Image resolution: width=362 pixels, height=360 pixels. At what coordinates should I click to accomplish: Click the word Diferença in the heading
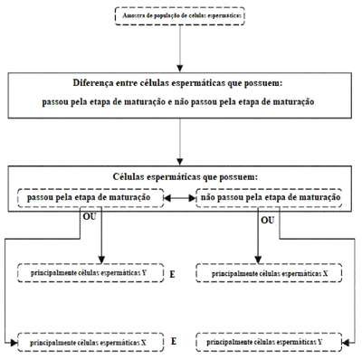coord(90,82)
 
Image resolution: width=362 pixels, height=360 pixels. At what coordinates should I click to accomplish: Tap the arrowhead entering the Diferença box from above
coord(180,68)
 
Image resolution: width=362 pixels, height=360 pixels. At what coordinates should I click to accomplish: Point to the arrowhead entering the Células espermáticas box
coord(180,162)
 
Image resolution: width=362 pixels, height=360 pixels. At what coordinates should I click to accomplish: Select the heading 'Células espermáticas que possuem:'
coord(186,176)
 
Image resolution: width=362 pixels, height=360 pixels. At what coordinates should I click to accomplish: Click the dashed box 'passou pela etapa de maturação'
coord(90,198)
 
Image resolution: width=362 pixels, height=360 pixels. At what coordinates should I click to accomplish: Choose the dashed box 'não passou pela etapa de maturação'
coord(269,198)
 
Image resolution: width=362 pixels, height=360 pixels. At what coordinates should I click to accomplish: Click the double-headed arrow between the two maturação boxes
coord(180,198)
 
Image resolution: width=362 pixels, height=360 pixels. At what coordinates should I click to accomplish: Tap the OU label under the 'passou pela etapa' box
coord(90,216)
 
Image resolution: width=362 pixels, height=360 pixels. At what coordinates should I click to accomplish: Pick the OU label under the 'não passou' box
coord(268,221)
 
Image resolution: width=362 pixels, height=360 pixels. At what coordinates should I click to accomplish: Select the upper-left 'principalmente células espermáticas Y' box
coord(90,273)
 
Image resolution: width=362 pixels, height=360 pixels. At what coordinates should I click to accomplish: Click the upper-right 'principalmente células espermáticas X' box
coord(269,273)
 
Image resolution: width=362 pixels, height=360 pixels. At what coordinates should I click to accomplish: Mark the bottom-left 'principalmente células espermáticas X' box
coord(90,342)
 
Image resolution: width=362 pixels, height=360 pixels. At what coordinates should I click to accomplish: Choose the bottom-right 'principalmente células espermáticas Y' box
coord(269,342)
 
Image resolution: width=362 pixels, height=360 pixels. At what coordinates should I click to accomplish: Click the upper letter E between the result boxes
coord(172,274)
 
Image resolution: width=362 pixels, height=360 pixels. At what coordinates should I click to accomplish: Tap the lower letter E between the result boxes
coord(174,341)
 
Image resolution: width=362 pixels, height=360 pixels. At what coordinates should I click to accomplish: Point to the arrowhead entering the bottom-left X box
coord(14,343)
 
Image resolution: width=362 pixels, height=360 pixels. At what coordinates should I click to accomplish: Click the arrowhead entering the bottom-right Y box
coord(346,342)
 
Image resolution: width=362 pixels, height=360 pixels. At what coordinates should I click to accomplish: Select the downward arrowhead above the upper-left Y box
coord(101,260)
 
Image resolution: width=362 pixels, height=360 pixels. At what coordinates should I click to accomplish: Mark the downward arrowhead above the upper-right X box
coord(258,260)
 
